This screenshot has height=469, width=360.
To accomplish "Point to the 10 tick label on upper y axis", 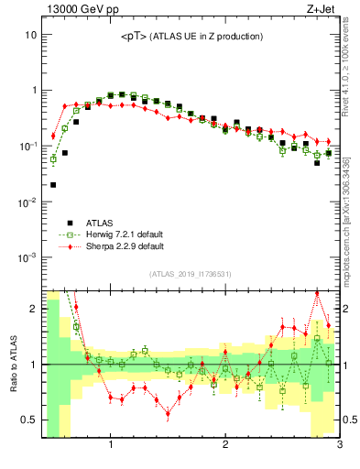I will point(29,35).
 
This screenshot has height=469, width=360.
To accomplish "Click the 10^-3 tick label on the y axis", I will point(27,257).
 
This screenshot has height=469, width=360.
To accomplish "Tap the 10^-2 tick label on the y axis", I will point(27,202).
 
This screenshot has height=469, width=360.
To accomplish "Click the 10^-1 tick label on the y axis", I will point(27,147).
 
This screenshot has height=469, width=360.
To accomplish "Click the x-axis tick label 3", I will point(338,446).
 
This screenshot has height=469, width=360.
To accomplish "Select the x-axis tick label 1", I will point(111,446).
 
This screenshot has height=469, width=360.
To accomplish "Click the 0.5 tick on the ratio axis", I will point(29,420).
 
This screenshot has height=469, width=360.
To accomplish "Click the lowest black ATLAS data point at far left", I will point(53,185).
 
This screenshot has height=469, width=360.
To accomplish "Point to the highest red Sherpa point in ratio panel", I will point(317,293).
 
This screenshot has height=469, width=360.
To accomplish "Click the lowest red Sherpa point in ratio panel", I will point(168,413).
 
